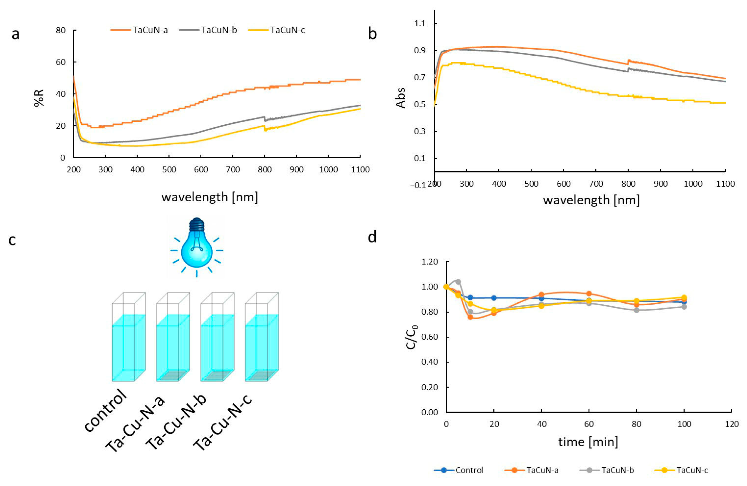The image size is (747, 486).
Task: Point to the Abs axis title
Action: (x=401, y=98)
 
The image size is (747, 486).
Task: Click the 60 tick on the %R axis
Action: (x=61, y=62)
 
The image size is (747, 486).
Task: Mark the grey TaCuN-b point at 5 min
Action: (x=458, y=282)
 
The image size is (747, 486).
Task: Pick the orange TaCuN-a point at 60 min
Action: (x=589, y=294)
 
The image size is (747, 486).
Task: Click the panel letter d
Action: (x=372, y=237)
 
